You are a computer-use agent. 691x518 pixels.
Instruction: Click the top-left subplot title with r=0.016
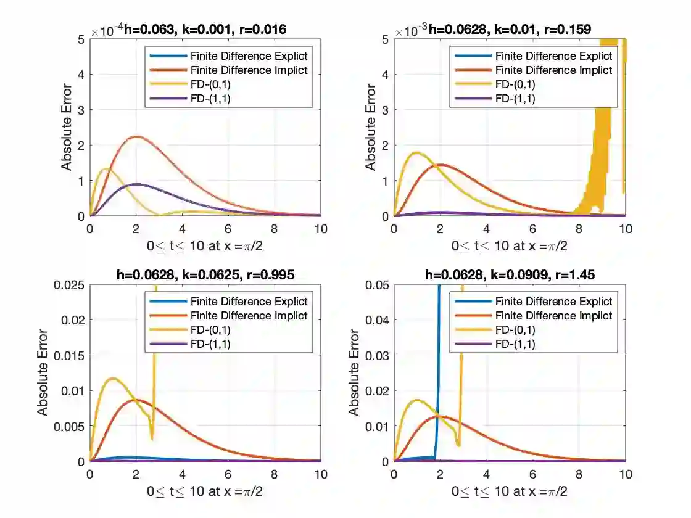tap(205, 28)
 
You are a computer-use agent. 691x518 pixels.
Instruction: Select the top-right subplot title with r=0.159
tap(510, 28)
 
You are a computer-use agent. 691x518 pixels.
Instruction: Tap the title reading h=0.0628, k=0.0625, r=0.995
tap(205, 275)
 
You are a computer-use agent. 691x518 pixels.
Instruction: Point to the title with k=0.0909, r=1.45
tap(510, 275)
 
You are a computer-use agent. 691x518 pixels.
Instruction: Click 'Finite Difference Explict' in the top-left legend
tap(249, 56)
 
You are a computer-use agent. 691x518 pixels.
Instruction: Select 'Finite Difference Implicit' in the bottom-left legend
tap(249, 316)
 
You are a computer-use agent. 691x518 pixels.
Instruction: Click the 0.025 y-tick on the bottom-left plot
tap(72, 284)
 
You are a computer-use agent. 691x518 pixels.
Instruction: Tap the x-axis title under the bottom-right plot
tap(510, 491)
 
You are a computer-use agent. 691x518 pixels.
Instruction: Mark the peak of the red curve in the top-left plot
tap(136, 136)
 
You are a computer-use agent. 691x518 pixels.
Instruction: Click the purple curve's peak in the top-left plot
tap(136, 184)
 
